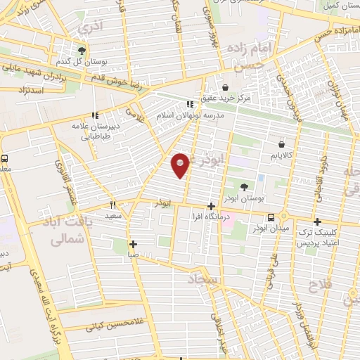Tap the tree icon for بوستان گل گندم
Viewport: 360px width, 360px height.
(x=82, y=51)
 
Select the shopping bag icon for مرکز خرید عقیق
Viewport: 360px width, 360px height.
(x=225, y=88)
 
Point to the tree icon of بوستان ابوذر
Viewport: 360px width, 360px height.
(x=243, y=187)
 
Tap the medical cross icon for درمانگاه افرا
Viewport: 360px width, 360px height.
(x=210, y=206)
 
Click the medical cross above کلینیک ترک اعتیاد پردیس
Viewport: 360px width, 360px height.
(x=316, y=221)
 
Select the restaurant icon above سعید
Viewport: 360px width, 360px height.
(x=112, y=205)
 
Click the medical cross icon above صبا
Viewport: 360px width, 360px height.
(x=133, y=244)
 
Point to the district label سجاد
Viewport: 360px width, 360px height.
(x=204, y=280)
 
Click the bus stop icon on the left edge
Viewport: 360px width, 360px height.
(x=4, y=159)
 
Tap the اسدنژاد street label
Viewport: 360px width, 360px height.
(x=30, y=91)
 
